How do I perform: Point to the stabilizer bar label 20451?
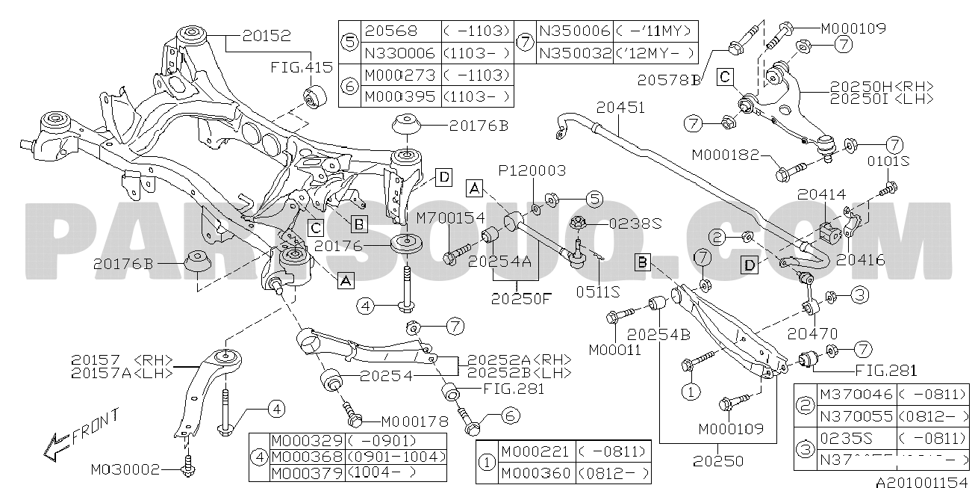point(620,108)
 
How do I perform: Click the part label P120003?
point(533,171)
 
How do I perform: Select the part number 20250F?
point(520,297)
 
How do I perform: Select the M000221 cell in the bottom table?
point(534,452)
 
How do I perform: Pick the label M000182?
point(725,155)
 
